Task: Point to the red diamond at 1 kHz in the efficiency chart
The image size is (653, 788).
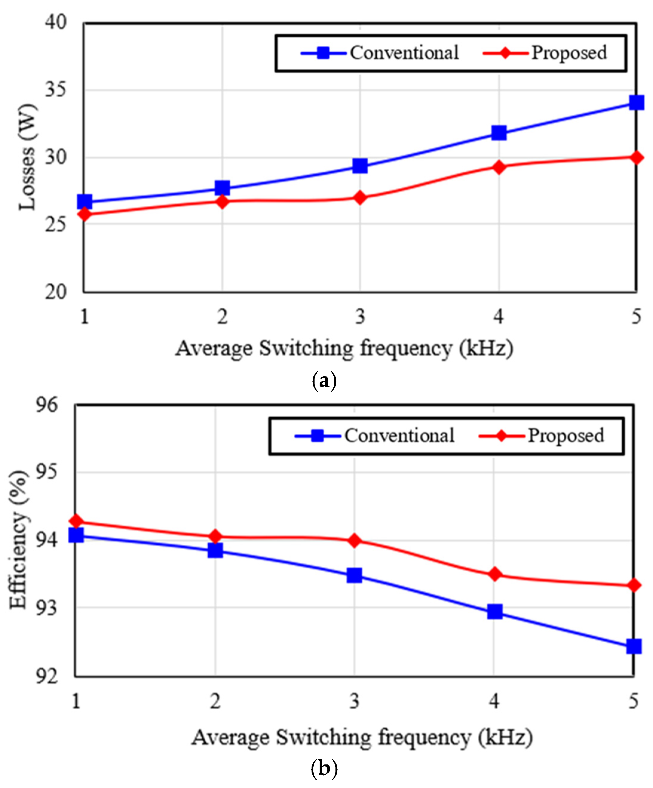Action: [x=76, y=521]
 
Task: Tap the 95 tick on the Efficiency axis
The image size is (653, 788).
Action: [x=47, y=472]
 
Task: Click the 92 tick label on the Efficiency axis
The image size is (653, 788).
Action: [x=47, y=676]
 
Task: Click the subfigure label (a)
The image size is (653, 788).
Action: [x=324, y=381]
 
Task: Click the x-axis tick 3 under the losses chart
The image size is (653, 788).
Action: [x=360, y=316]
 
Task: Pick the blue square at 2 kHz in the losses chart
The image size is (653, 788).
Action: [x=222, y=188]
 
